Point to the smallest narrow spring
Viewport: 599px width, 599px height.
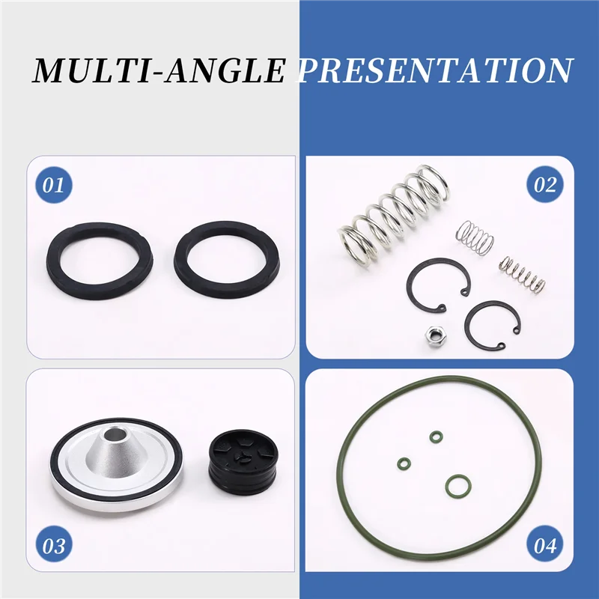click(522, 274)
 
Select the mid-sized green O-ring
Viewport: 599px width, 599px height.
click(456, 487)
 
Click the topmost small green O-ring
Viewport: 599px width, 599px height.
click(435, 435)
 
